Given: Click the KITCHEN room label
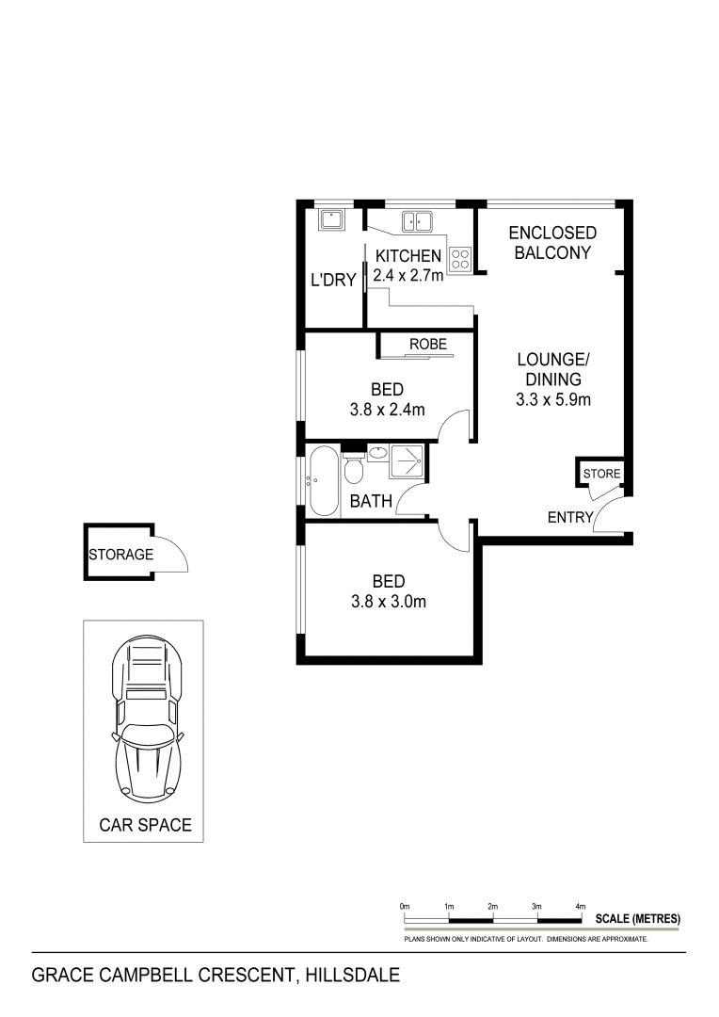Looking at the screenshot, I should point(407,256).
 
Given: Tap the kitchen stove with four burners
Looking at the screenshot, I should point(459,259).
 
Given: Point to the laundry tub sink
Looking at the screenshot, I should point(331,220).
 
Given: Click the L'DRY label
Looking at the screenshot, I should point(331,280).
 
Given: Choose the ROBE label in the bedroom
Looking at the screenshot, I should point(427,344).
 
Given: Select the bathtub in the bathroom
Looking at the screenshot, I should point(322,481).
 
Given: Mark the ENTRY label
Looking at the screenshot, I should point(571,517).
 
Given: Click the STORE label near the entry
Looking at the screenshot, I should point(602,473).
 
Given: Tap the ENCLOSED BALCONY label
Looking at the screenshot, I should point(552,242).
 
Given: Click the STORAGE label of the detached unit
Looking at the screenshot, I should point(120,555).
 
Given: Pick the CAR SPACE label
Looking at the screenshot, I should point(145,826).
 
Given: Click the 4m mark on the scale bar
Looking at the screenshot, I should point(580,905).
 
